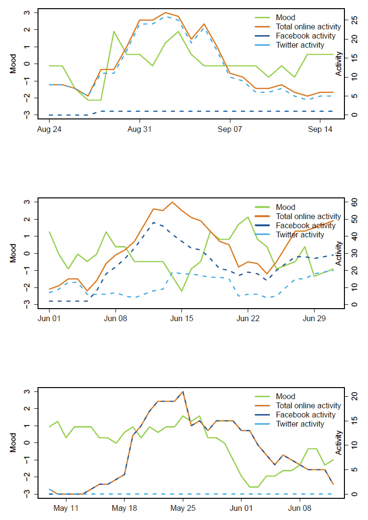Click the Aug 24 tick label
pos(48,130)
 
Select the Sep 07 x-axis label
pos(230,130)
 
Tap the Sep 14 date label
pos(321,130)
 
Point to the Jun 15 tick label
pos(182,319)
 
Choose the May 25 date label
pos(183,508)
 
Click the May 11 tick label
pos(66,508)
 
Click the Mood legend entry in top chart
pos(286,18)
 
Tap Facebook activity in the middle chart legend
pos(305,225)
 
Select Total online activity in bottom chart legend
pos(308,406)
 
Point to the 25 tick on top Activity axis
pos(354,20)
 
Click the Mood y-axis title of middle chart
pos(13,253)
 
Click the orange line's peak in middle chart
pos(172,202)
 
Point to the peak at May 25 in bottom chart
pos(183,392)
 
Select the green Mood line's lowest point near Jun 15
pos(182,291)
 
